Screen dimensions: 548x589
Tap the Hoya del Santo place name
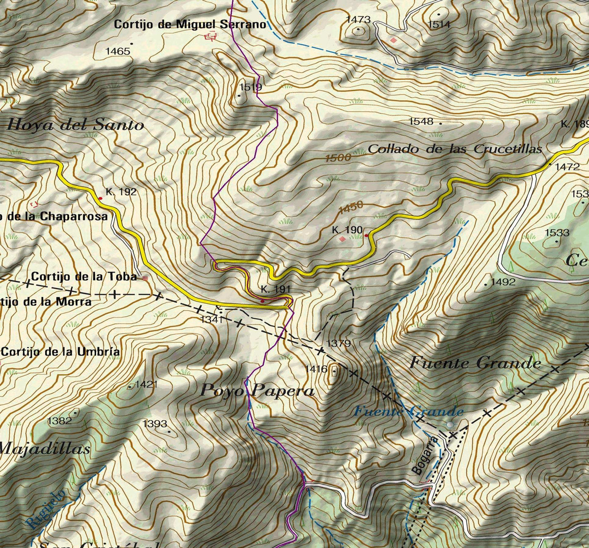76,125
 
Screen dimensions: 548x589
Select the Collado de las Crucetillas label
455,149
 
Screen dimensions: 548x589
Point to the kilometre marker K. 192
121,192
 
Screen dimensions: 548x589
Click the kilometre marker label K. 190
347,230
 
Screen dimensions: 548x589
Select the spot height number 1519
250,87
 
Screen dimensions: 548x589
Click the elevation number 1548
422,121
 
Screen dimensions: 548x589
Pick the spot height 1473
358,20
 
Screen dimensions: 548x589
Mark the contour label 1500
338,158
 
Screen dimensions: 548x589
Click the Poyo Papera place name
257,391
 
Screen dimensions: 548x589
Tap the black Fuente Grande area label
475,363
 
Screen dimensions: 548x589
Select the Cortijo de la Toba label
84,277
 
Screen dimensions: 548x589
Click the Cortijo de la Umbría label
61,352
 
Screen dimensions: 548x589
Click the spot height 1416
316,369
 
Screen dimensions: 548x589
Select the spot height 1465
118,51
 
